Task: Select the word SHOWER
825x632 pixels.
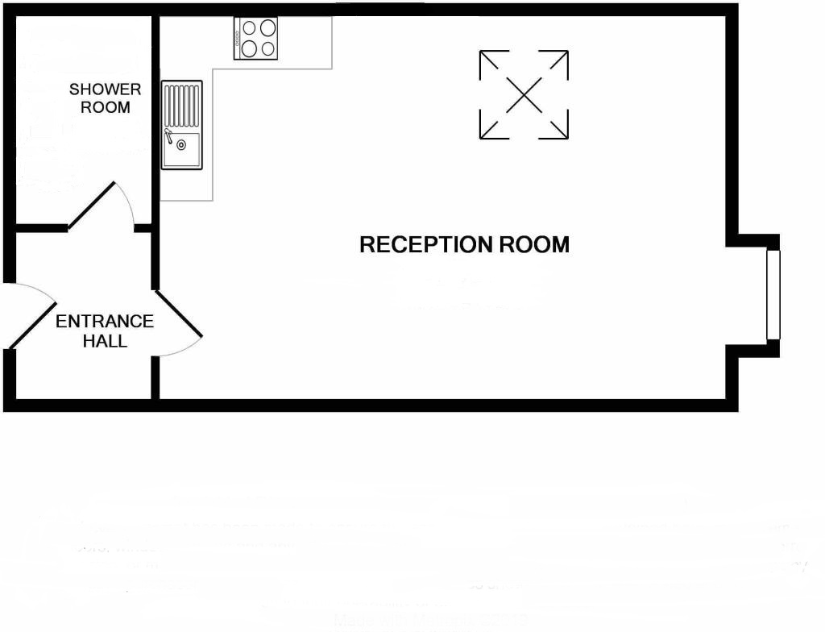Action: pos(105,89)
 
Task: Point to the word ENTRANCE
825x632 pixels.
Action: pos(105,322)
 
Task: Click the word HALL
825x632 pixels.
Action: pos(105,341)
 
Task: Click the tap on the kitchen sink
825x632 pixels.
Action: pos(168,134)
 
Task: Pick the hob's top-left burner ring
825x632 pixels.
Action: pos(249,28)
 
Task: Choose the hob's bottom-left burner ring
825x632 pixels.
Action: pos(249,48)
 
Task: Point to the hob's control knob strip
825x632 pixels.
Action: pos(238,39)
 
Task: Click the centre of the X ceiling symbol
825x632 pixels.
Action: pos(524,95)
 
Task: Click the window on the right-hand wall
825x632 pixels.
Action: pos(773,294)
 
